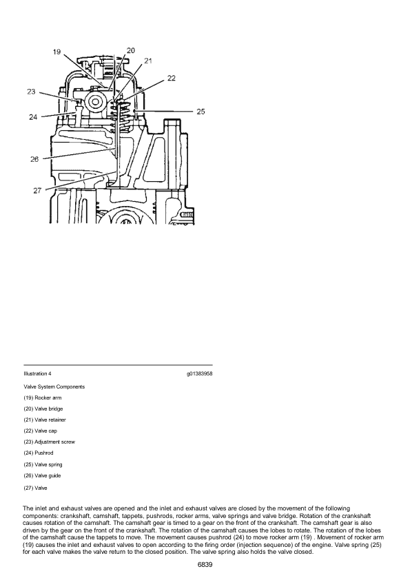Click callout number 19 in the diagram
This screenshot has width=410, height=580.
(57, 52)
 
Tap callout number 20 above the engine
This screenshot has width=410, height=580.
(131, 50)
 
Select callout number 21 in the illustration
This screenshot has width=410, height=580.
(148, 61)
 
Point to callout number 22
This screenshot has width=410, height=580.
(172, 78)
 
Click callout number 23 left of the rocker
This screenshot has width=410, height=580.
(31, 92)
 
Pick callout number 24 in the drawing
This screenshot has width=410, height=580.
(33, 117)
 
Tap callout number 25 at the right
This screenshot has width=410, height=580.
(201, 112)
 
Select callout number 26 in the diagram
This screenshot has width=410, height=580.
(34, 159)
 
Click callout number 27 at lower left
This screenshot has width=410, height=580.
(37, 191)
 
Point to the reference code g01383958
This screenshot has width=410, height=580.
(199, 373)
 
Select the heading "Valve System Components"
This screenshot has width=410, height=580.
(54, 386)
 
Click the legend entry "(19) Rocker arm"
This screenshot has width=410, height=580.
(43, 397)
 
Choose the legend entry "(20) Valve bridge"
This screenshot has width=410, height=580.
(43, 408)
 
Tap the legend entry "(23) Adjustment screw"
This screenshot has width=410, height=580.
(49, 442)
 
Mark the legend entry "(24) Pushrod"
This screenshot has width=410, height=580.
(38, 453)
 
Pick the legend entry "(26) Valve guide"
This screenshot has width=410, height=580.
(42, 475)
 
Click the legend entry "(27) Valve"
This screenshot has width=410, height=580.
(35, 488)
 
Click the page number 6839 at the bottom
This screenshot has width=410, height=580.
(205, 564)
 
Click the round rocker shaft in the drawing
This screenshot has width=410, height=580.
(96, 101)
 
